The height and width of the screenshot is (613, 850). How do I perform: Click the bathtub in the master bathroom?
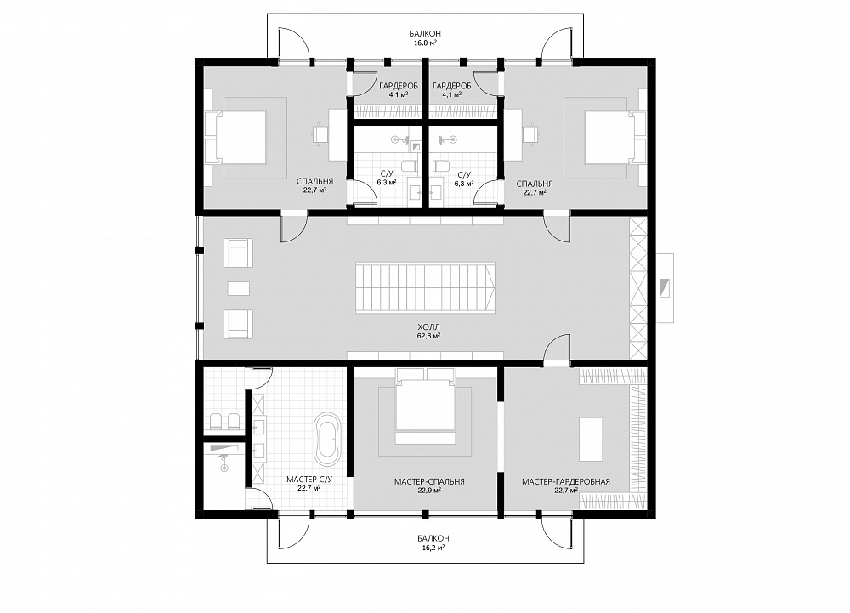pos(327,440)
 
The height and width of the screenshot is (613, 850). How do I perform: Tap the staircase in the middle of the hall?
pos(426,287)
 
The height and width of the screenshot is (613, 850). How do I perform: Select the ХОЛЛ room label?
pos(428,327)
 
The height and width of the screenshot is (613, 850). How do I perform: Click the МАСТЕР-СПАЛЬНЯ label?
pos(429,481)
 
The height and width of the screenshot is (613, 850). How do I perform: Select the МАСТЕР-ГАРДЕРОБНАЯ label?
pos(566,481)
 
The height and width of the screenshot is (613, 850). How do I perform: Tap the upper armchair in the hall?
pos(238,253)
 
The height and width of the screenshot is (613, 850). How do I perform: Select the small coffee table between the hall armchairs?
pos(239,288)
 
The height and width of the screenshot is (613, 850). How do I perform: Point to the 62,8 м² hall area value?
pos(428,336)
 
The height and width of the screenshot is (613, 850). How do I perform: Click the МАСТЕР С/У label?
pos(309,480)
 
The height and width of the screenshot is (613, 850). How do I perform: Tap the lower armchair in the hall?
pos(238,324)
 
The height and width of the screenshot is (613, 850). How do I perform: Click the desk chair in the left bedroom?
pos(320,133)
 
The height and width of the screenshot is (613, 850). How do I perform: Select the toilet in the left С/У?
pos(409,166)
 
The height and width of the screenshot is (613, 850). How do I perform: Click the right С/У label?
pos(463,175)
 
